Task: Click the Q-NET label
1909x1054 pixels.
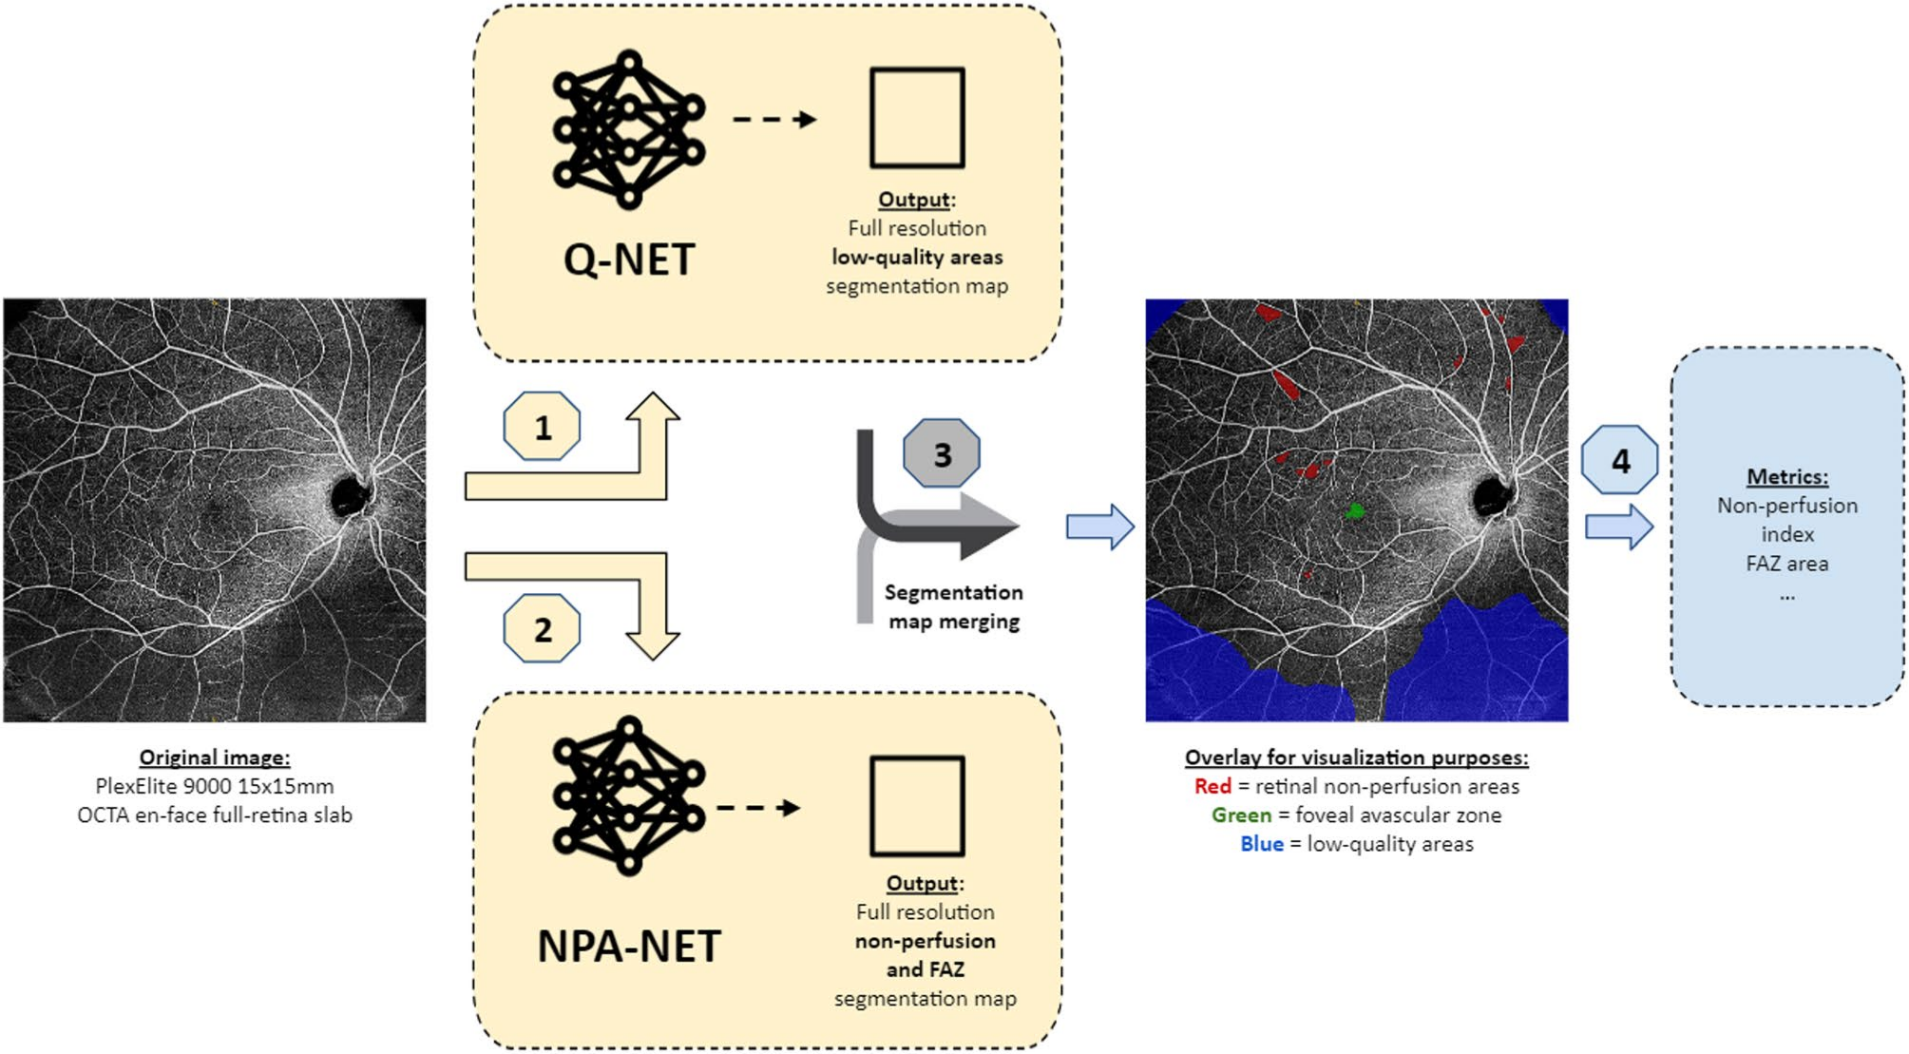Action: [629, 259]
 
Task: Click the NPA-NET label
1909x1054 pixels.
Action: [629, 946]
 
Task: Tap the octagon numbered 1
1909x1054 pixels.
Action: [542, 427]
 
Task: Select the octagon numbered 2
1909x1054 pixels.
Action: [542, 628]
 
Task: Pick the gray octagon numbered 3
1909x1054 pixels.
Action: [941, 454]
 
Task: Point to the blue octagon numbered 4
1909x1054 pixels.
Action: [1620, 460]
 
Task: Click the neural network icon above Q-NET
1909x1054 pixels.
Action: [628, 129]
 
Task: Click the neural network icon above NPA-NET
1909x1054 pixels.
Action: [628, 795]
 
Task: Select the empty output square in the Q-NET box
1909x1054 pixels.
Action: [917, 118]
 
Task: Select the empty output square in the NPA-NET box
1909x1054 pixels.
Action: [917, 806]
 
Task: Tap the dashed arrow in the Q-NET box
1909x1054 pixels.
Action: [774, 120]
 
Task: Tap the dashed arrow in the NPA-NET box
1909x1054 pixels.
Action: [758, 808]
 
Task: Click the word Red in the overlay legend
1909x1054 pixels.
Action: [1212, 786]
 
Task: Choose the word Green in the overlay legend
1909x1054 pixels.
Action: [1241, 815]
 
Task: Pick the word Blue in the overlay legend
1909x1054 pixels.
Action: [1261, 844]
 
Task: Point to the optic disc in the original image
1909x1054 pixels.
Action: [350, 495]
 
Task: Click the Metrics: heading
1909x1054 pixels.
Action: [1786, 477]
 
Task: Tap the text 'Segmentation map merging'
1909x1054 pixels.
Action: [953, 606]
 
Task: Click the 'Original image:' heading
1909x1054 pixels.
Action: [215, 757]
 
